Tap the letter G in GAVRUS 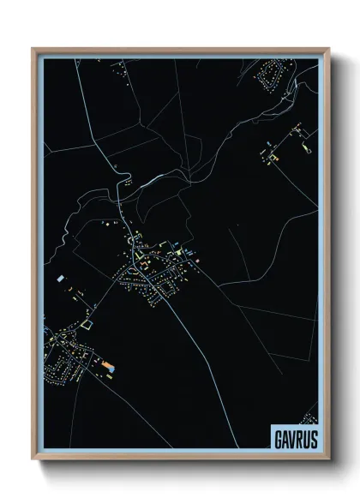pos(278,436)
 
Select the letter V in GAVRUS pos(291,436)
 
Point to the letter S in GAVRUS pos(313,436)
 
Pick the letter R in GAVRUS pos(299,436)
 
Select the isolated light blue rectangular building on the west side pos(59,279)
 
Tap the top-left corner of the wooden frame pos(33,49)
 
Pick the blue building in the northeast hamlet pos(275,158)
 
